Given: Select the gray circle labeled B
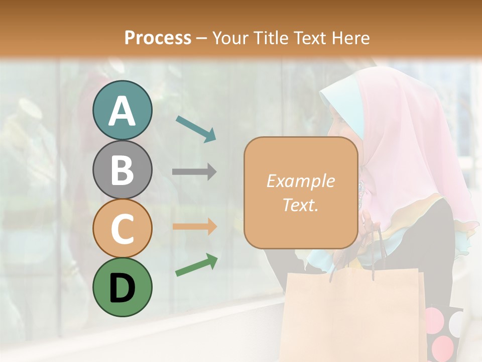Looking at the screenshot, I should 122,169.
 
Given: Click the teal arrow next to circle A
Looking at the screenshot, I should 196,129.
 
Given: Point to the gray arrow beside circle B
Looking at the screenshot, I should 194,172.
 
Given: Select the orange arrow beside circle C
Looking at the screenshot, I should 194,226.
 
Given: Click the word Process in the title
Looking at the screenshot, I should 158,38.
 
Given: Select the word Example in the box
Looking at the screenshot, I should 300,181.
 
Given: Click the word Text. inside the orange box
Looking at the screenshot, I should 300,205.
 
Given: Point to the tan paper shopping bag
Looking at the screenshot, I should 351,312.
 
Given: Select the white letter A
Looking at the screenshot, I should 122,111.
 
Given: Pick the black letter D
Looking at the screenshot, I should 122,288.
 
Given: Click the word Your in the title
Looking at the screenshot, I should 231,38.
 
